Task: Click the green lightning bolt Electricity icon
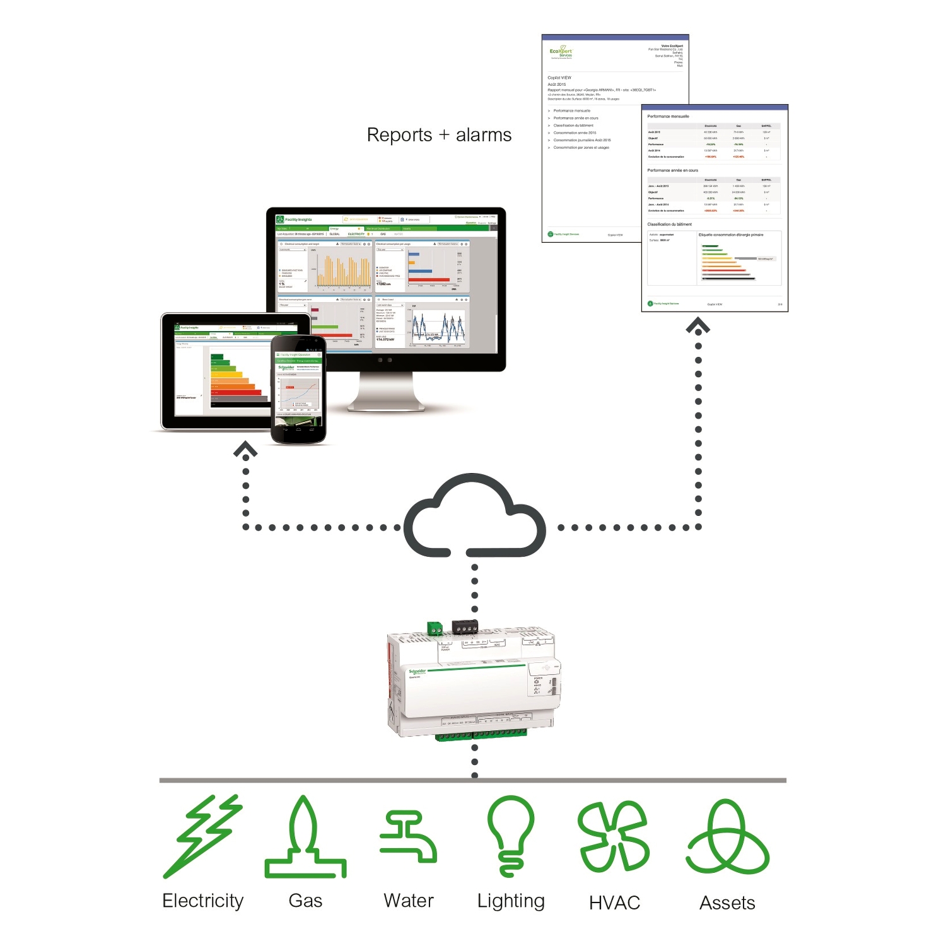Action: coord(202,836)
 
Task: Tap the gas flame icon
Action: coord(305,839)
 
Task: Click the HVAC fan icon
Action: coord(614,836)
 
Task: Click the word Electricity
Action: coord(202,901)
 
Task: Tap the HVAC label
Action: coord(614,902)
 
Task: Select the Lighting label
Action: coord(511,901)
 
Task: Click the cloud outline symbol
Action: coord(474,517)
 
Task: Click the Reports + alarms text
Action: coord(439,135)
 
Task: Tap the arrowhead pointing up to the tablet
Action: coord(245,450)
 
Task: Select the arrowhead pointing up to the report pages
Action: coord(698,326)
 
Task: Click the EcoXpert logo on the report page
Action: coord(561,52)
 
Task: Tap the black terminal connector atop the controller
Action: coord(465,627)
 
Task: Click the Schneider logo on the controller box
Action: coord(418,672)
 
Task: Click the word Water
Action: coord(409,901)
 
